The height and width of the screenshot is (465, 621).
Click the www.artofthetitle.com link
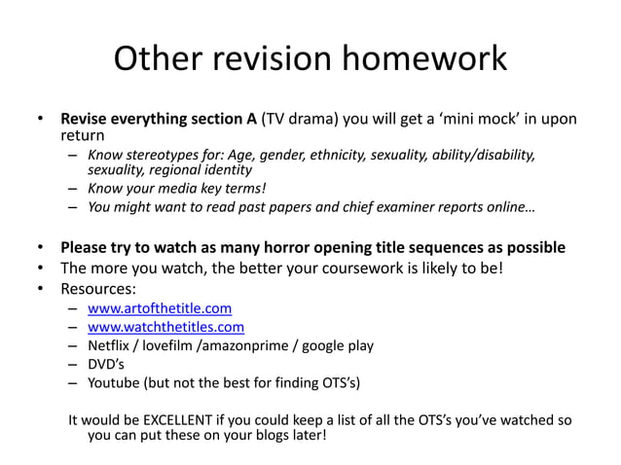159,309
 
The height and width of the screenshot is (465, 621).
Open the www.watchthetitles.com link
165,327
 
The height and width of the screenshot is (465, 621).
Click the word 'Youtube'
113,382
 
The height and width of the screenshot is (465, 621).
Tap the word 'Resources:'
98,289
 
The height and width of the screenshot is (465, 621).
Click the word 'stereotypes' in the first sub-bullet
163,155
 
